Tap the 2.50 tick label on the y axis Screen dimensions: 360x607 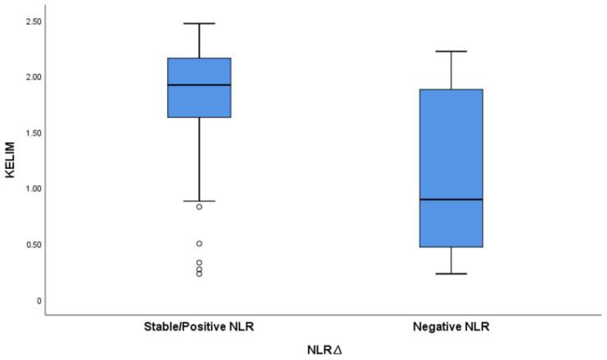click(x=30, y=21)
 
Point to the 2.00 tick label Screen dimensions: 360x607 click(x=30, y=77)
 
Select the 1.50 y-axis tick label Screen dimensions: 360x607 click(x=30, y=133)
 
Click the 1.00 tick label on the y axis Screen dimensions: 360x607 click(x=30, y=189)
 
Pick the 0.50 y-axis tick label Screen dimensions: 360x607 click(x=30, y=245)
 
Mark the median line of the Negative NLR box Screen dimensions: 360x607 click(x=451, y=199)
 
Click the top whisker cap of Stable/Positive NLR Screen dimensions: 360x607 click(x=199, y=23)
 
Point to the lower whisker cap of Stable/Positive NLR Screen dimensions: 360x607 click(x=199, y=201)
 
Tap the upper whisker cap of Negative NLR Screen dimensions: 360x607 click(x=451, y=51)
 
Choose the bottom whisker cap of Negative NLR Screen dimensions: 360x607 click(x=451, y=274)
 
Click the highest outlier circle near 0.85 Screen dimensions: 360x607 click(x=199, y=207)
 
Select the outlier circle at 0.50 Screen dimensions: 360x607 click(x=199, y=244)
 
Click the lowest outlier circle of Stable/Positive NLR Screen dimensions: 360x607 click(x=199, y=274)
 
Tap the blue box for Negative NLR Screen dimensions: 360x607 click(x=451, y=140)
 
